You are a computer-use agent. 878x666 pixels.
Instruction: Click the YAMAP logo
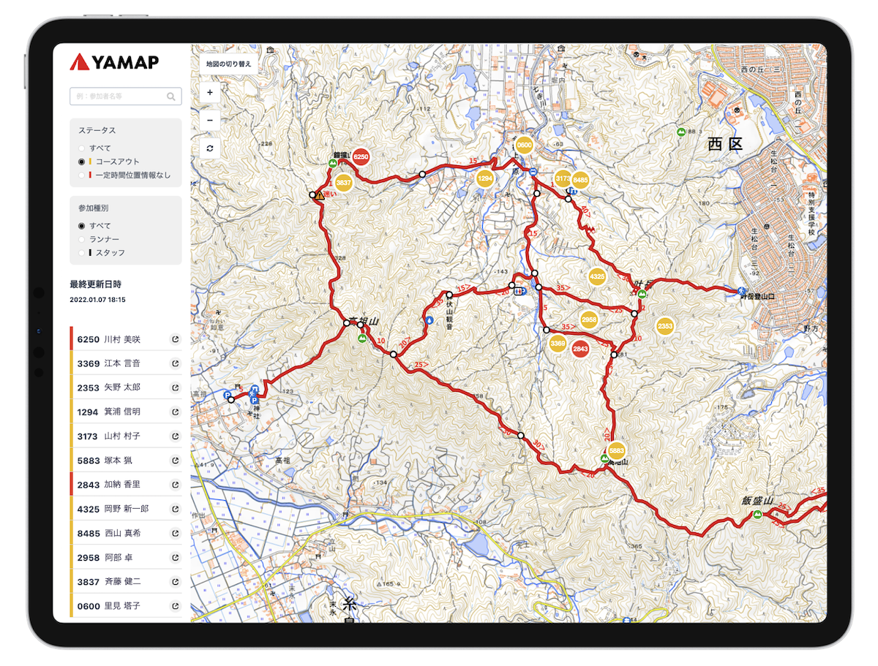point(114,62)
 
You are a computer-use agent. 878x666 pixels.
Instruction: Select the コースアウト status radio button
point(82,162)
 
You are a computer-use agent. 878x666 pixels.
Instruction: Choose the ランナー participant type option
point(82,239)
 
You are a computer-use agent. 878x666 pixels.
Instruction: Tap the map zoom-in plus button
point(210,93)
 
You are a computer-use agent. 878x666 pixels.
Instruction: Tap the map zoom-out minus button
point(210,120)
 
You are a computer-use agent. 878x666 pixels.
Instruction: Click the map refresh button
point(210,148)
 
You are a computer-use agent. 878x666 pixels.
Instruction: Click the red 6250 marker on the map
point(361,157)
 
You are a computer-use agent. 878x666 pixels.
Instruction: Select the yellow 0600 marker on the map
point(524,145)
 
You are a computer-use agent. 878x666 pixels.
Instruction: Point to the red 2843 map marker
point(580,349)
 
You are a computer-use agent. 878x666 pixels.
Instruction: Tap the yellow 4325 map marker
point(597,277)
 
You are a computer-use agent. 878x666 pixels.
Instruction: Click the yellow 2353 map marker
point(665,326)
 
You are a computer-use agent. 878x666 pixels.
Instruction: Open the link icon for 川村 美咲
point(175,339)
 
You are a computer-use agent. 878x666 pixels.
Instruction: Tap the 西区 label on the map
point(724,143)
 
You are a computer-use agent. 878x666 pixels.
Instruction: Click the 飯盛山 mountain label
point(757,501)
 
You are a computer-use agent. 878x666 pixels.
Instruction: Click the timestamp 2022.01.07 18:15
point(97,300)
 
